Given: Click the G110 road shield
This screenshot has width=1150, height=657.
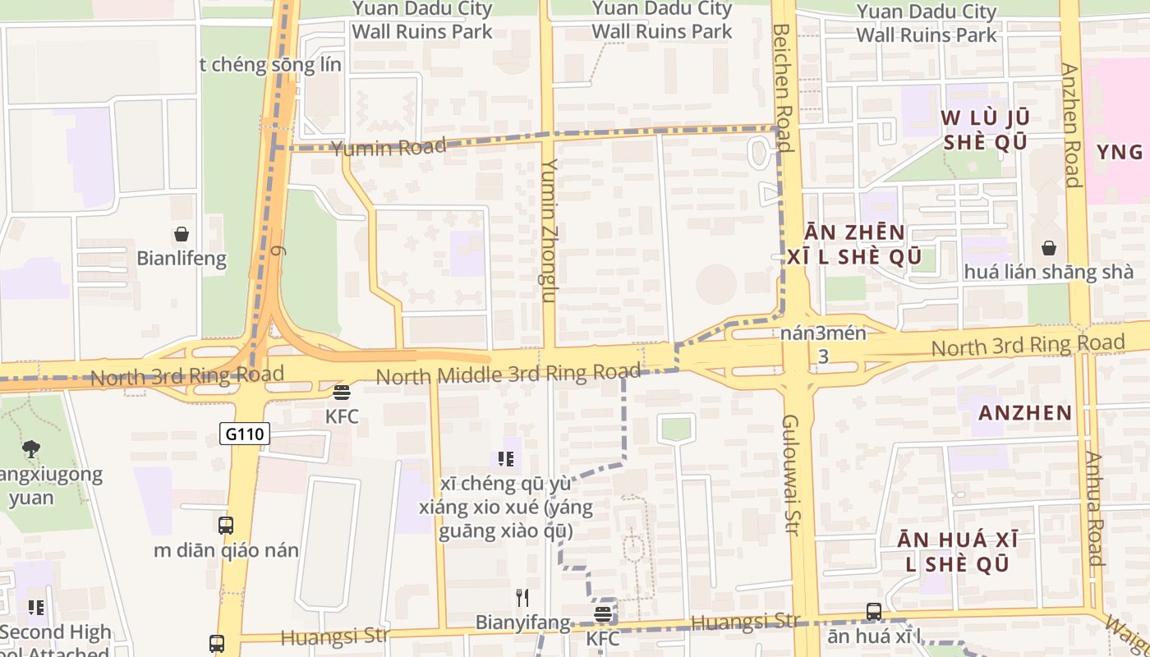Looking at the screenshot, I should tap(245, 434).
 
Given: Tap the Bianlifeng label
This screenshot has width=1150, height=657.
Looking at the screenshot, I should tap(182, 259).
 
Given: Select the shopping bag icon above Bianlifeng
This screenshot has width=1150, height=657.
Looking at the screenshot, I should tap(182, 235).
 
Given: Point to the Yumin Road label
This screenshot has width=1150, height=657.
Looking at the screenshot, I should tap(389, 148).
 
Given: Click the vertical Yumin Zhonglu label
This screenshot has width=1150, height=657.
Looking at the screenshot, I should tap(549, 231).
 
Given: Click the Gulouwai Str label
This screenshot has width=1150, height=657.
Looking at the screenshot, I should tap(791, 475).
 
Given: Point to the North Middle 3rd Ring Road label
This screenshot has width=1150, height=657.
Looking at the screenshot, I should tap(508, 374).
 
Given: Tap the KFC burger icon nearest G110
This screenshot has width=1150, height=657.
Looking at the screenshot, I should tap(342, 393).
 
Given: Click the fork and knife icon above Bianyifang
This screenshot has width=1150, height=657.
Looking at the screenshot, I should tap(522, 597).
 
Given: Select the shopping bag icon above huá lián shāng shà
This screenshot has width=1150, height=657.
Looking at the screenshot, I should tap(1049, 248).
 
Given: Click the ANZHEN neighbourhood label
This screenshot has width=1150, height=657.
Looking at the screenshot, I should tap(1025, 412).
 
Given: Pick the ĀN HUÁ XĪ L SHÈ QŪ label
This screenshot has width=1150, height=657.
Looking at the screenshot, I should tap(957, 552).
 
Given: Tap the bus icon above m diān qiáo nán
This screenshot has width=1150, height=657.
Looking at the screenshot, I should tap(226, 526).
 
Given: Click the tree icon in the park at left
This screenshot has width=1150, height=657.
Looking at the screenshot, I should tap(31, 449).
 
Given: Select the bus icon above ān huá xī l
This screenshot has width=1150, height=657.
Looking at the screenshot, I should tap(874, 612).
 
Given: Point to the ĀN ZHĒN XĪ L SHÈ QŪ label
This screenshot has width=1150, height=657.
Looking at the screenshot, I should tap(845, 245).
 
